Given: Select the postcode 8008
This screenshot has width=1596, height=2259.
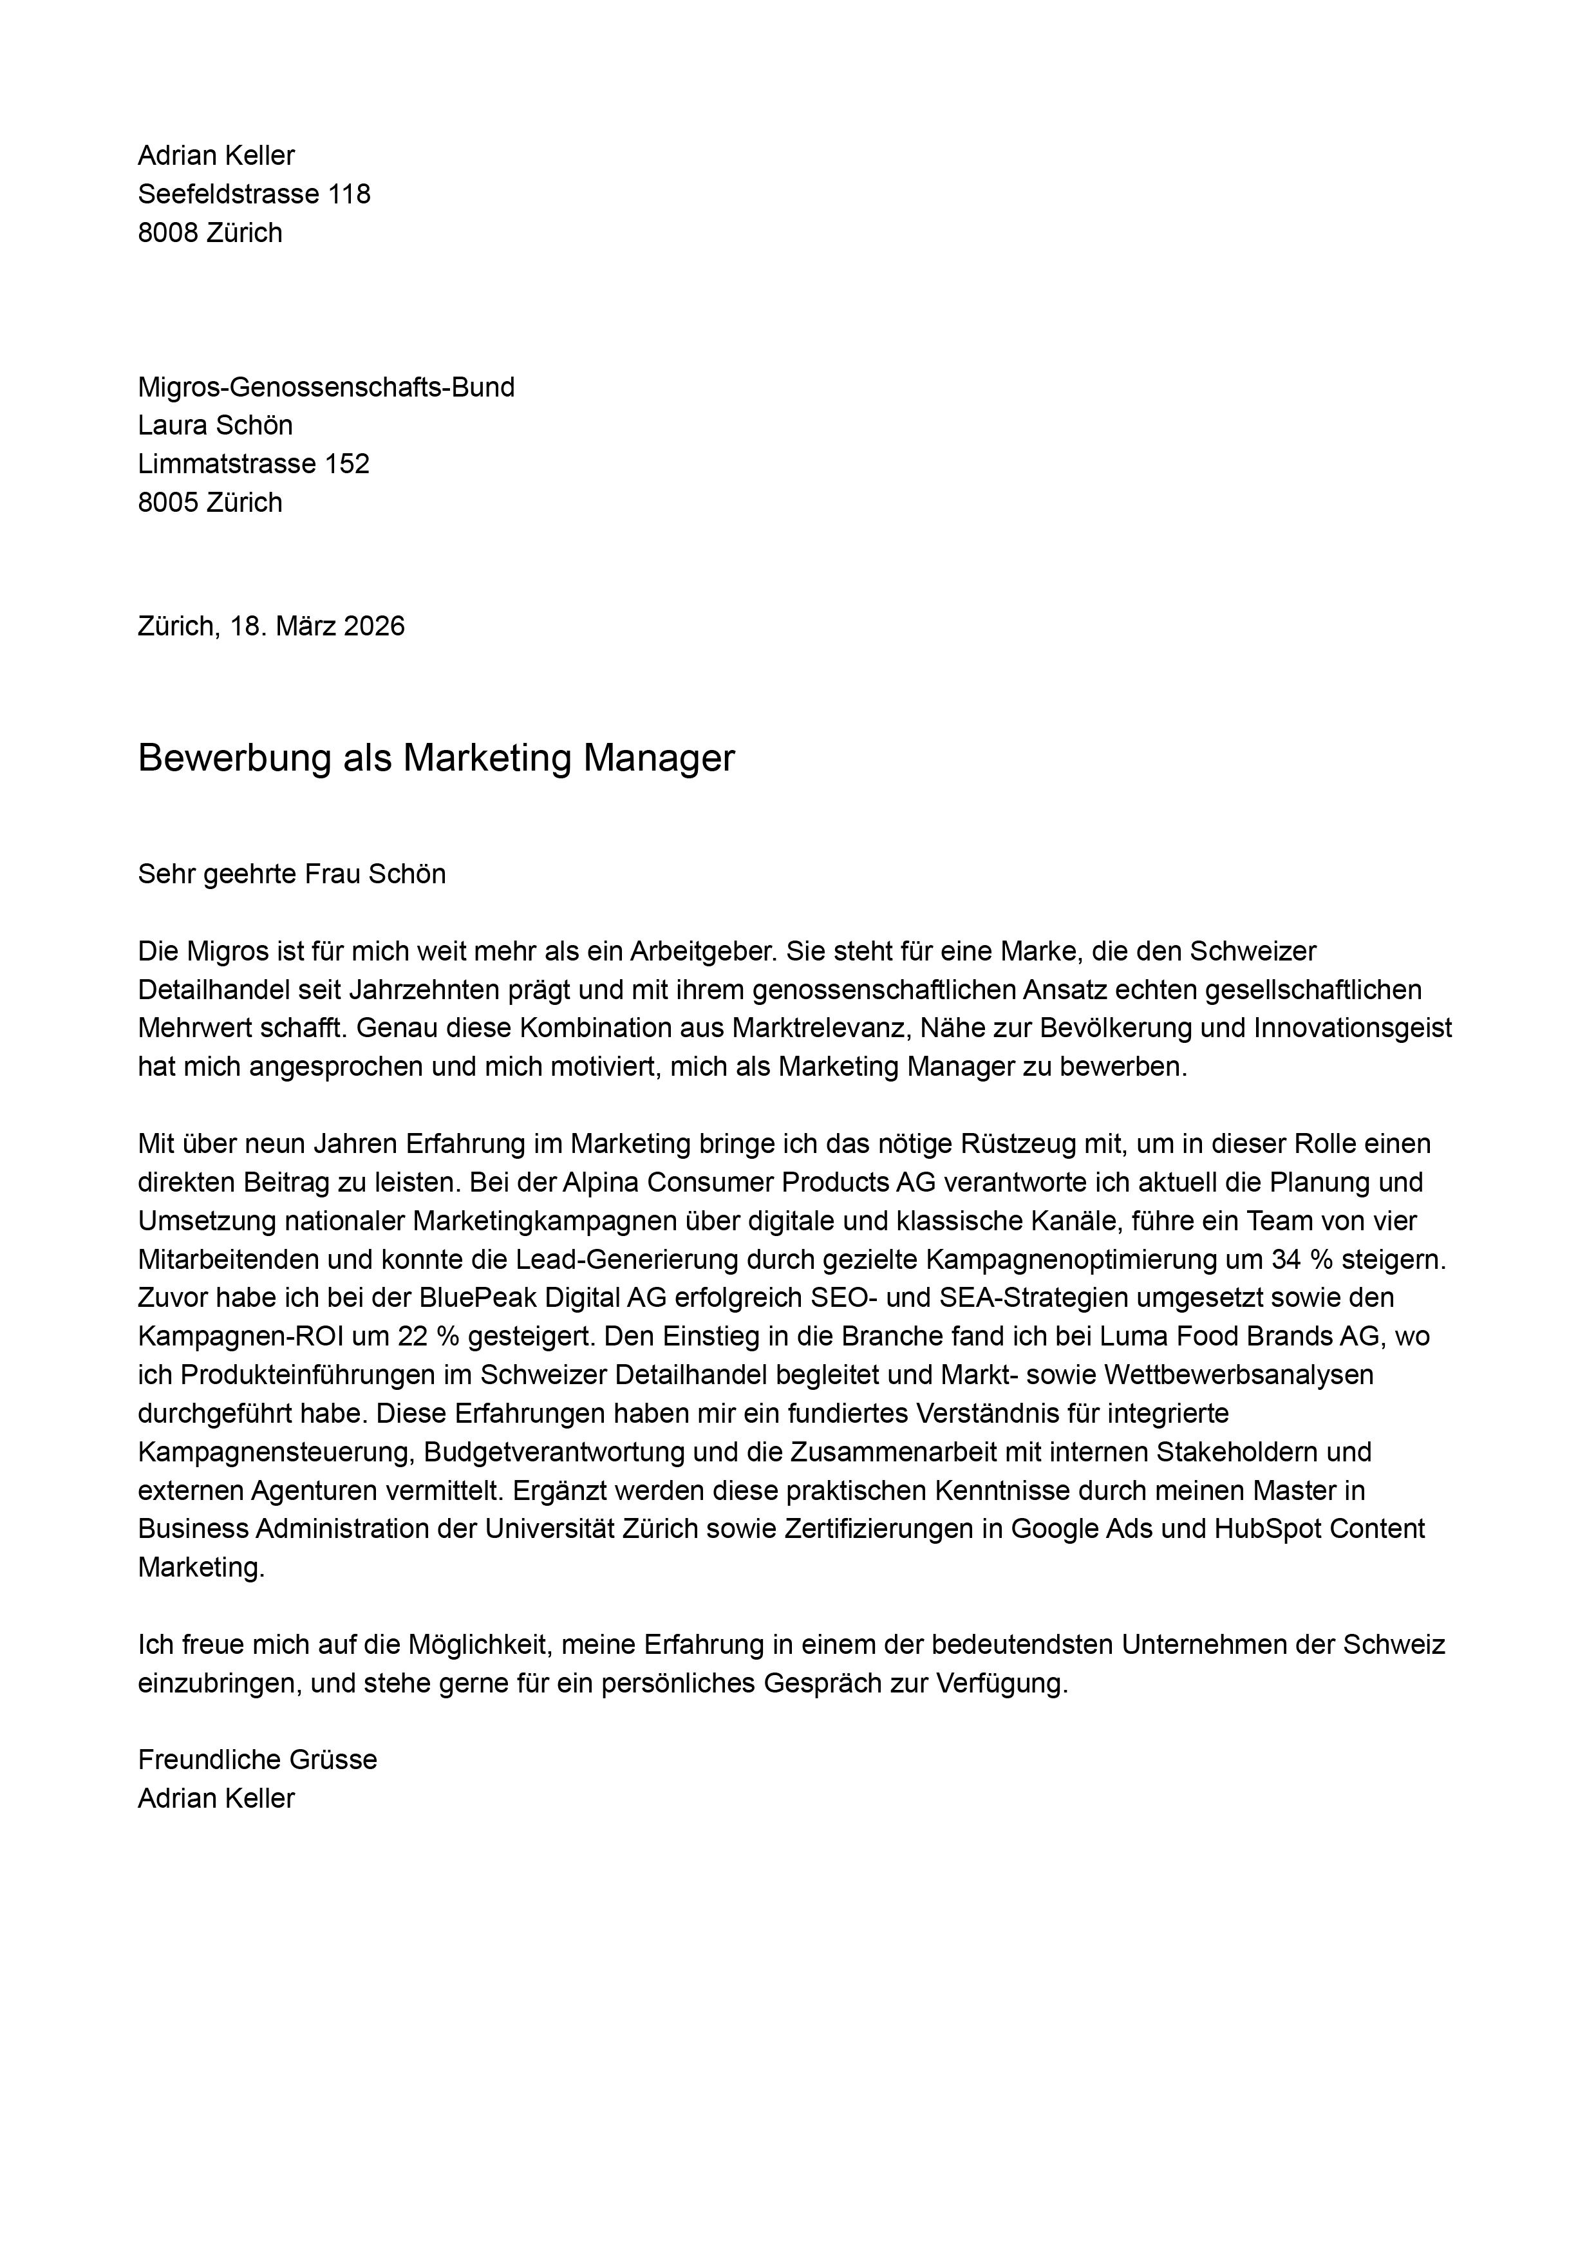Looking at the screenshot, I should click(168, 232).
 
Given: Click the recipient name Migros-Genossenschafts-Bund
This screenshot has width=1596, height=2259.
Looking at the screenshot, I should click(326, 387).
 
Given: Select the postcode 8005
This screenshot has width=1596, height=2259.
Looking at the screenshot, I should click(168, 501).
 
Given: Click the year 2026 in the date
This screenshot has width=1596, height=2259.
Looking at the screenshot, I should click(374, 626).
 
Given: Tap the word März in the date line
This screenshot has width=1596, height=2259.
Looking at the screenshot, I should click(305, 626).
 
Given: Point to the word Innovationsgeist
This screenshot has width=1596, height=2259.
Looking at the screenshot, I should click(1352, 1027).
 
